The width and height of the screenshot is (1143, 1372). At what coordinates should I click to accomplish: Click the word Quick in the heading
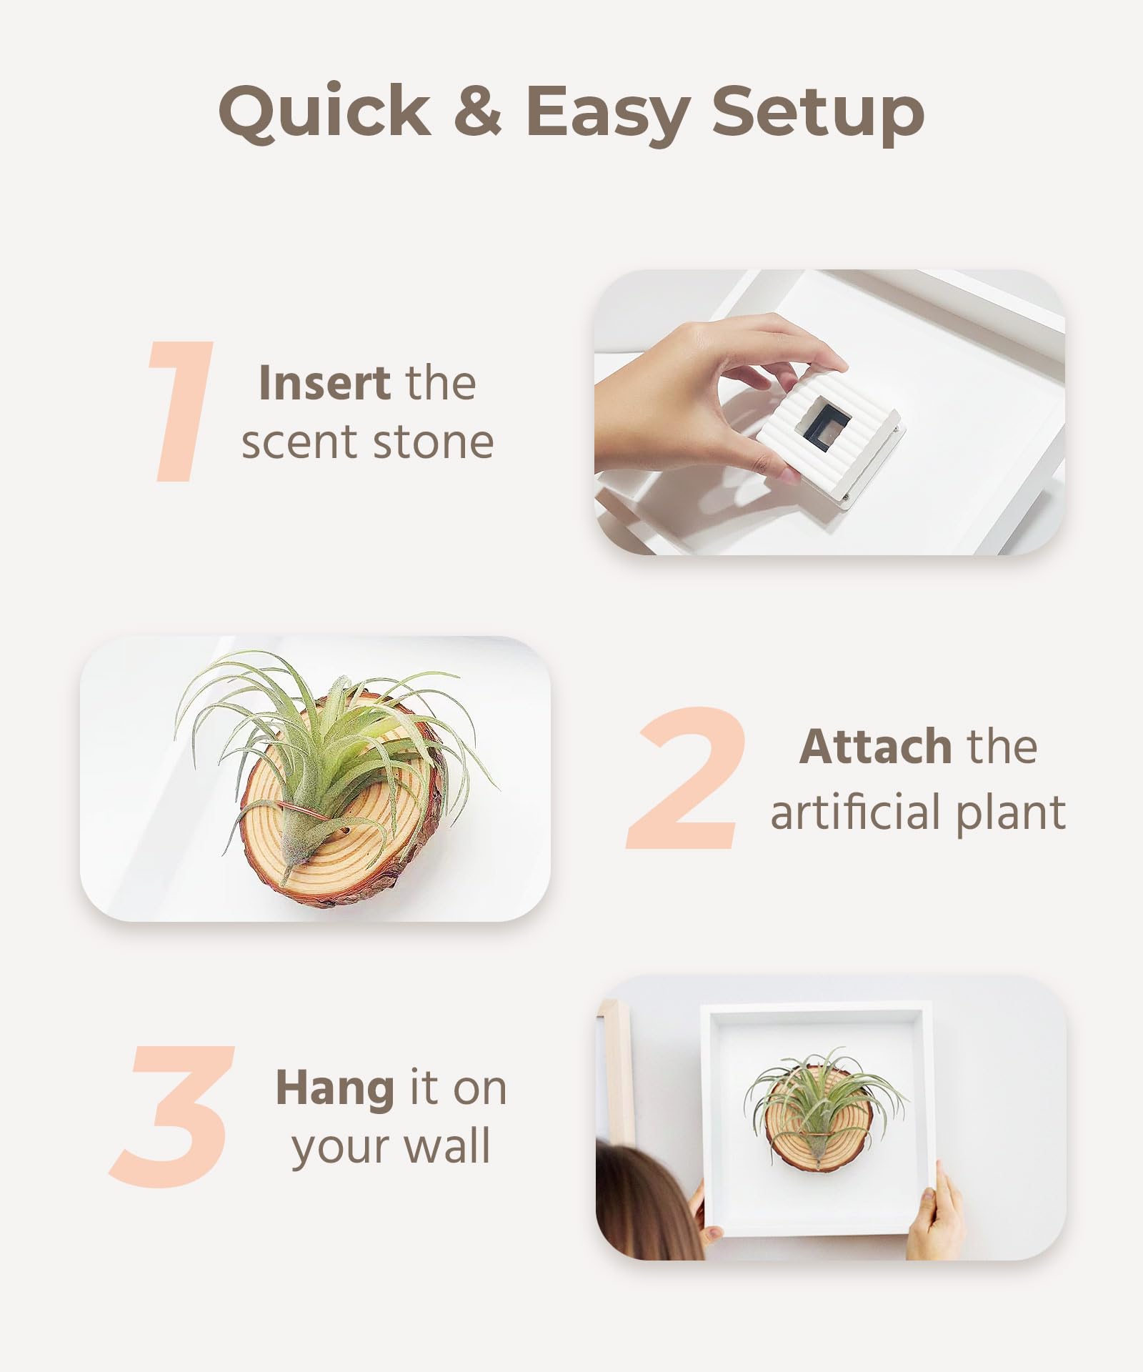coord(325,111)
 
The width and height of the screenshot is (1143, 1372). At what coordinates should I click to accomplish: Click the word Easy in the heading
coord(608,114)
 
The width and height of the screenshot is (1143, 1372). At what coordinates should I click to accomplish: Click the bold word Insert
coord(324,383)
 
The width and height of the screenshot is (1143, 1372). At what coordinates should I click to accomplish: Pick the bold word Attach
coord(875,747)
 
